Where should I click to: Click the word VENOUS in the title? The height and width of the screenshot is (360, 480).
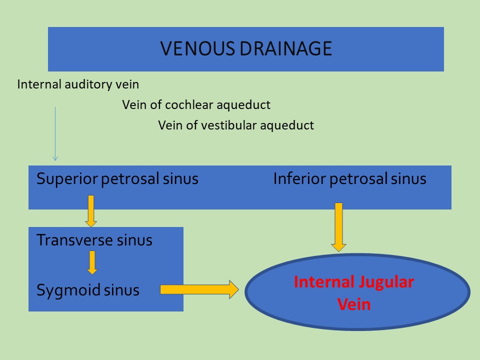tap(198, 48)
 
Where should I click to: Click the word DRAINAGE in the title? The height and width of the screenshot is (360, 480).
tap(286, 48)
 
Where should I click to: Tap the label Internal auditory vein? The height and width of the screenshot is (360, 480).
tap(78, 84)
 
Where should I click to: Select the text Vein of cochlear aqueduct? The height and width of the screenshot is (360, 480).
tap(196, 105)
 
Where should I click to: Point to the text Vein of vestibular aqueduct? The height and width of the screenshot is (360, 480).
tap(236, 125)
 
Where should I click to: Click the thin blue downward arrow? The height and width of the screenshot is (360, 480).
tap(55, 134)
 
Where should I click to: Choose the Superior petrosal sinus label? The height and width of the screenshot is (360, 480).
tap(117, 179)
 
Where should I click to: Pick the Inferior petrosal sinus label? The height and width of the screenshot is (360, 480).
tap(350, 179)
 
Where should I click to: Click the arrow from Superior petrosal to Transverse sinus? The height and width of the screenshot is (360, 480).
tap(91, 211)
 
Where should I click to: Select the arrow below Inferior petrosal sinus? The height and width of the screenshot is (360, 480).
tap(338, 227)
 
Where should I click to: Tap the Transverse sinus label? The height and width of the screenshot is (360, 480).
tap(94, 240)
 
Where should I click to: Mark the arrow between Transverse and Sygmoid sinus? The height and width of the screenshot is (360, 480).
tap(92, 262)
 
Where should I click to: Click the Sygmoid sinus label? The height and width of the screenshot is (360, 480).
tap(88, 290)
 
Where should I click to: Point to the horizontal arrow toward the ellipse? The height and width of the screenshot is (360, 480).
tap(199, 289)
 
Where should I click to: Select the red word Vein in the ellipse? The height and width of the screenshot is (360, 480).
tap(354, 304)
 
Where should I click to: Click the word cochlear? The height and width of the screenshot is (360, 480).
tap(189, 105)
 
